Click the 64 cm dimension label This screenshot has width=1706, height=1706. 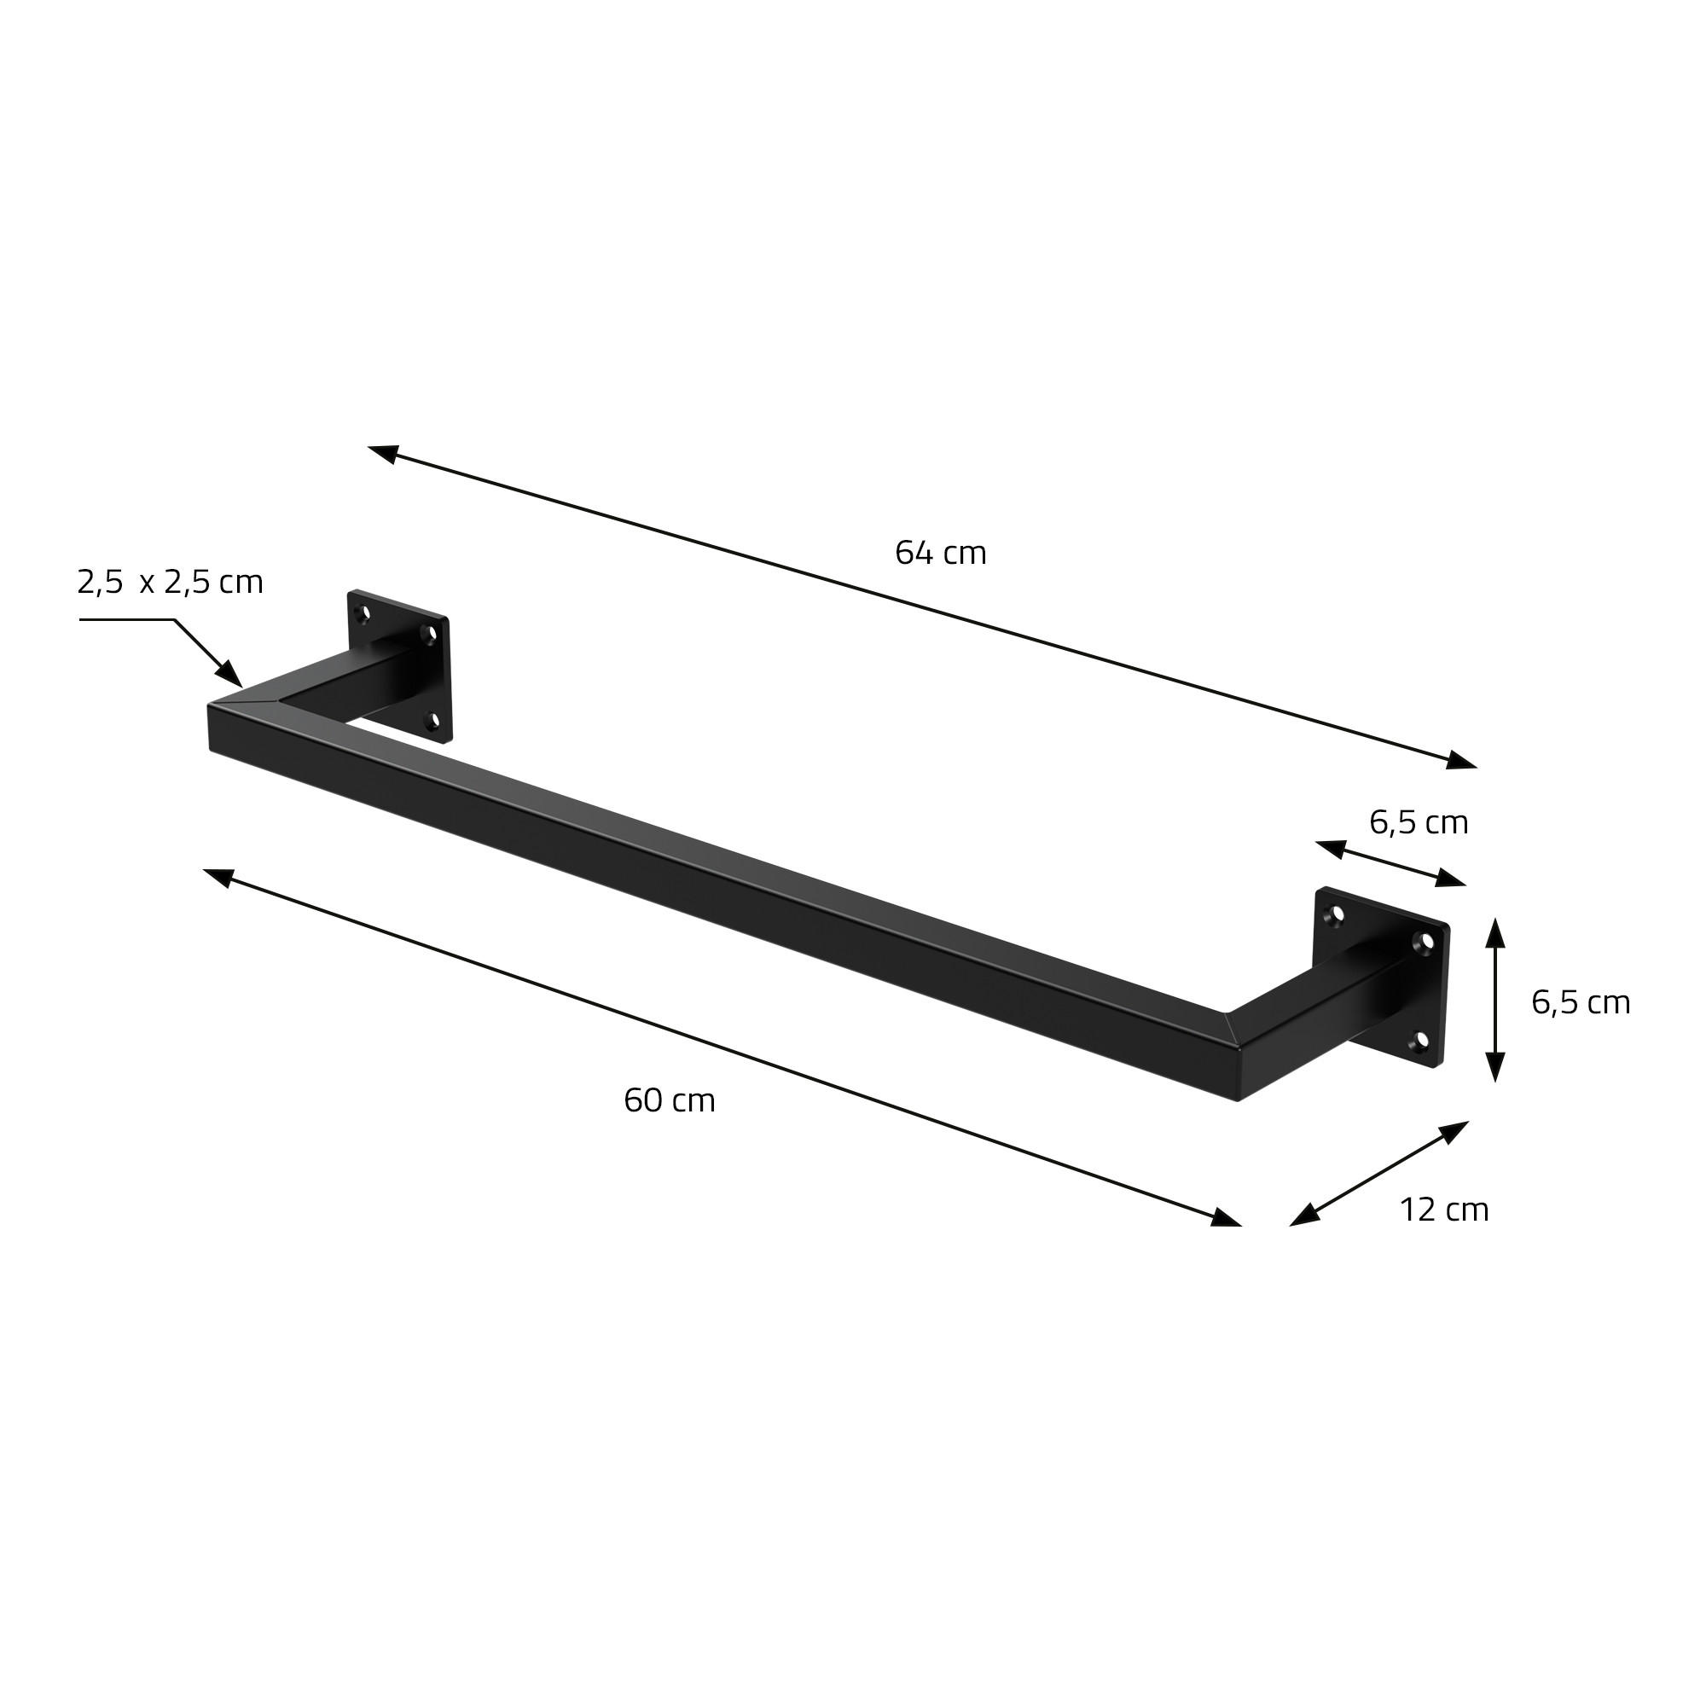(x=939, y=554)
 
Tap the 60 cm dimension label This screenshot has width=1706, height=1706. (x=669, y=1101)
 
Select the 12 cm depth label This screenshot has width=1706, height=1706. (x=1444, y=1210)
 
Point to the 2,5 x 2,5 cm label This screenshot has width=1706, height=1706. (x=171, y=583)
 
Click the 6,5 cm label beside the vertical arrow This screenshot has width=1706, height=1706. (x=1580, y=1003)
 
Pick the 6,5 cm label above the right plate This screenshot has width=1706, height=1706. (x=1419, y=823)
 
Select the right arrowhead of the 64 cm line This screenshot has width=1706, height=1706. (x=1460, y=760)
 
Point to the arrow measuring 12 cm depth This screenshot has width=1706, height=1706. (x=1379, y=1174)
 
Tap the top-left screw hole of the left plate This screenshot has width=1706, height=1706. (x=360, y=612)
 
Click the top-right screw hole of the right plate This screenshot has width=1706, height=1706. (x=1425, y=943)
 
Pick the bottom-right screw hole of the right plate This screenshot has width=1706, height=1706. (x=1419, y=1043)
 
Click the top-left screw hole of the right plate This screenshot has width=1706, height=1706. (x=1336, y=914)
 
